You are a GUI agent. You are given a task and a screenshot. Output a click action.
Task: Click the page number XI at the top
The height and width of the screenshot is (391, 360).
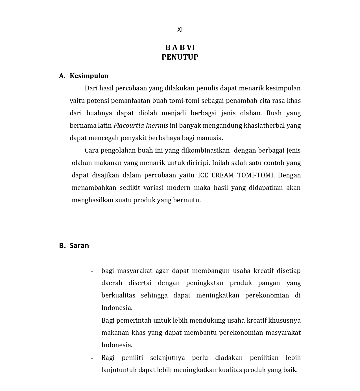(180, 29)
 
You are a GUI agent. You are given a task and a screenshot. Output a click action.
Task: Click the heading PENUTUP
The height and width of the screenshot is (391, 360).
(180, 57)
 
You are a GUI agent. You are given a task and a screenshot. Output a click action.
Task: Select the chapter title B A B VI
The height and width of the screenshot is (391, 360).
(180, 47)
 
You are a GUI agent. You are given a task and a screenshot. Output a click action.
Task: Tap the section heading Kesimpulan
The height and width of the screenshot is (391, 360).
(89, 76)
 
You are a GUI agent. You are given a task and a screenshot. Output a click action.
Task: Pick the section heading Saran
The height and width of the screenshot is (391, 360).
(79, 246)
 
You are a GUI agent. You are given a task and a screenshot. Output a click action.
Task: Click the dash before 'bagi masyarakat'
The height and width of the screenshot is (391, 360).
(92, 271)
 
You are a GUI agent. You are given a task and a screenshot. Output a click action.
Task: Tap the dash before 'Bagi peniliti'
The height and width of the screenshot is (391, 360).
(92, 358)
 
